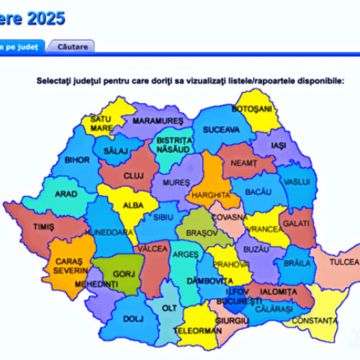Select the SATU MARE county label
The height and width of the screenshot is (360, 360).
tap(101, 124)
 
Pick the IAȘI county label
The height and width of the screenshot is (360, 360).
tap(279, 145)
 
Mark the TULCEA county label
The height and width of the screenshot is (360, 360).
tap(344, 263)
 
